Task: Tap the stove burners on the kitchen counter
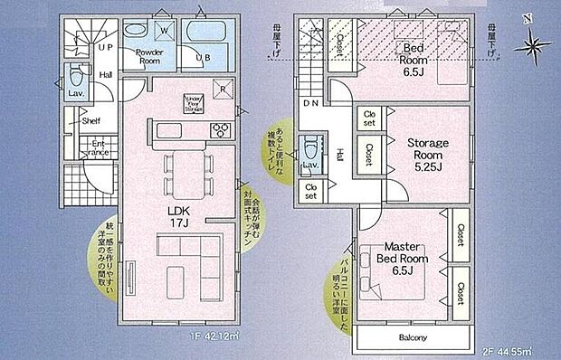218,130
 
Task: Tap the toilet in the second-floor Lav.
310,148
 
